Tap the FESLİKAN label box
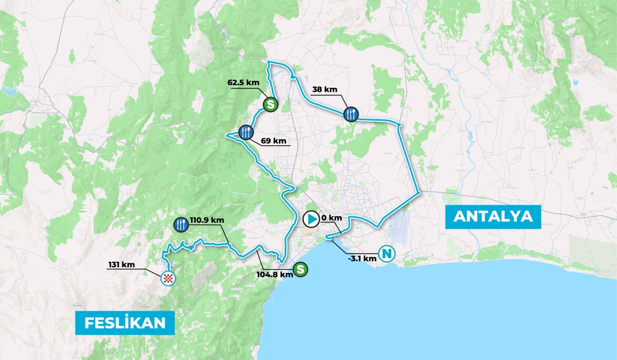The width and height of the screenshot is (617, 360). pos(125,323)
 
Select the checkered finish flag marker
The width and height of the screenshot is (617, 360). pos(168,279)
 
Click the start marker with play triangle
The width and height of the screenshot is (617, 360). pos(310,220)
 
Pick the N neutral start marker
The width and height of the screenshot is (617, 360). pos(387,254)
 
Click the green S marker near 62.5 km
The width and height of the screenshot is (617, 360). pos(270,103)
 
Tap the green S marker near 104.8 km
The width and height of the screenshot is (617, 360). pos(300,269)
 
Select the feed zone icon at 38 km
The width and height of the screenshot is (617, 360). pos(351,114)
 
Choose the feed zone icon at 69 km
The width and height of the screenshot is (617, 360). pos(246,132)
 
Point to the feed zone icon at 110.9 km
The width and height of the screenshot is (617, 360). pos(180,223)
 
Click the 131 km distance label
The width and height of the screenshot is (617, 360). pos(121,265)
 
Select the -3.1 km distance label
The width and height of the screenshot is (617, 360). pos(362,257)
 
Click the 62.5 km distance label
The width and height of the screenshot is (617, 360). pos(244,83)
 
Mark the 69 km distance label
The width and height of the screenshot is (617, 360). pos(274,141)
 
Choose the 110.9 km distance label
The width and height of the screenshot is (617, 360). pos(207,221)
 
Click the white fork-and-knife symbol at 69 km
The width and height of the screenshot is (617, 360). pos(246,132)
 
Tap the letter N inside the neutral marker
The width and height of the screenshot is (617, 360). pos(387,254)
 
